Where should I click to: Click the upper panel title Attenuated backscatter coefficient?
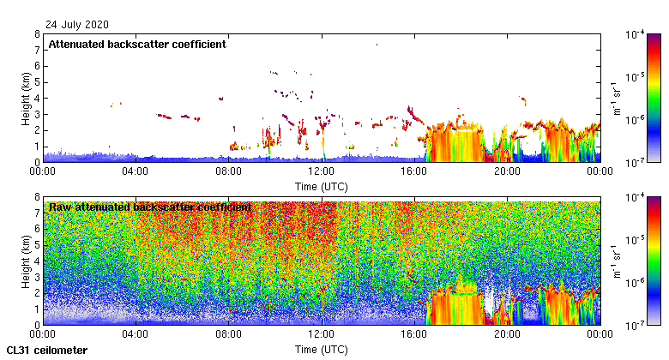click(137, 45)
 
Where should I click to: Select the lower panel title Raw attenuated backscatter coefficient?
click(150, 207)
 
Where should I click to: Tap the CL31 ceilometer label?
click(47, 351)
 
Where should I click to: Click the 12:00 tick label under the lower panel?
click(322, 334)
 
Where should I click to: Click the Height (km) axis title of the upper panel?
click(27, 98)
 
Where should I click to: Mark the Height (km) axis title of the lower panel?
click(27, 261)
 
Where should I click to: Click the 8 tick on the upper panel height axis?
click(36, 35)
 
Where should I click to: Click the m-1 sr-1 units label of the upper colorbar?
click(616, 98)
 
